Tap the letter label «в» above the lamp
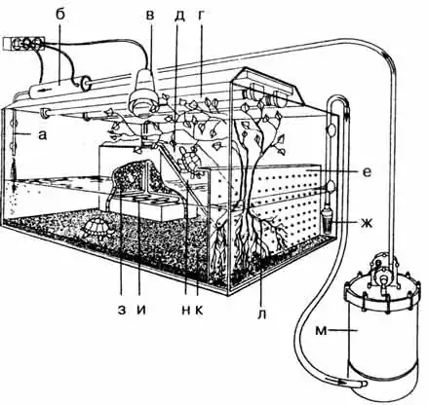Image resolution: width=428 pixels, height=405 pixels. click(150, 16)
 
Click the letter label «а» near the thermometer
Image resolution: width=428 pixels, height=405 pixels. click(43, 135)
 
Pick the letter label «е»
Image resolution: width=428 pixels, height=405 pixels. click(367, 172)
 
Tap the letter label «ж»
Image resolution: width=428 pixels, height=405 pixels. click(369, 223)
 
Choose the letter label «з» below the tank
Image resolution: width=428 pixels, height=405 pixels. click(122, 311)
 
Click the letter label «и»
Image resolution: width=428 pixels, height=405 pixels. click(141, 311)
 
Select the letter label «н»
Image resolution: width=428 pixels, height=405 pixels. click(186, 311)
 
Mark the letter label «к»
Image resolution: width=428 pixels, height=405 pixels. click(199, 311)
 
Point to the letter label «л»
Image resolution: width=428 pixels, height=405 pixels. click(262, 314)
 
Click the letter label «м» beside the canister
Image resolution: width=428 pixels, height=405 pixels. click(321, 331)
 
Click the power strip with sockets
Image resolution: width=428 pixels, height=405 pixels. click(23, 44)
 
